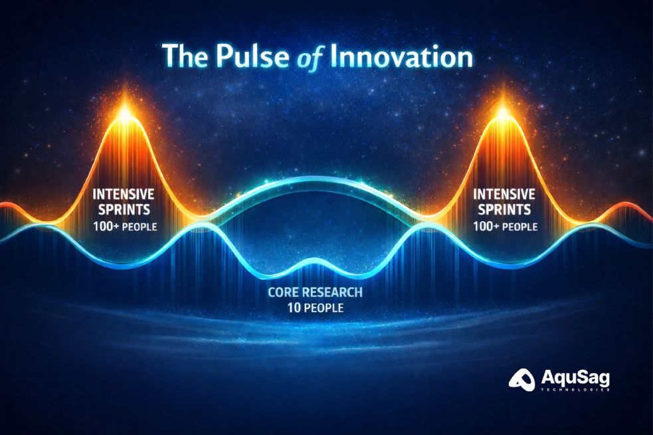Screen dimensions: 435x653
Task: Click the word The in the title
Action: click(x=185, y=56)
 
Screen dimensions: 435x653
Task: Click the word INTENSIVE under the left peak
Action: click(x=124, y=195)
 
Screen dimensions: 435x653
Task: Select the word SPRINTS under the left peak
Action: click(x=124, y=211)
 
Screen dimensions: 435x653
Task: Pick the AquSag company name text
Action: click(x=575, y=378)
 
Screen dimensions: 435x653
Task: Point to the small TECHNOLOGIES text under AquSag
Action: click(x=575, y=391)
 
